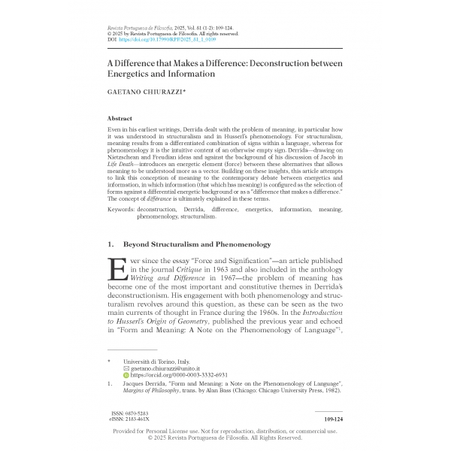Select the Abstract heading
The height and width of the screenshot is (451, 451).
121,119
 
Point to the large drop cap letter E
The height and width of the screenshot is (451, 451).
117,270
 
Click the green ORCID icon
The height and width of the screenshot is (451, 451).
126,375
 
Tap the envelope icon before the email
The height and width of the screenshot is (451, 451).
126,368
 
